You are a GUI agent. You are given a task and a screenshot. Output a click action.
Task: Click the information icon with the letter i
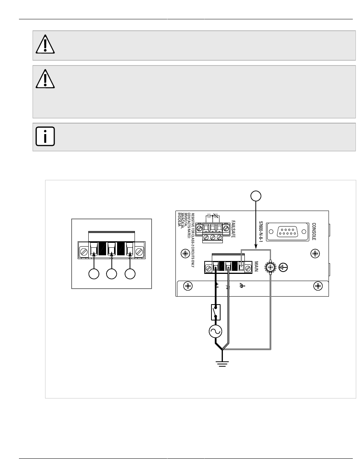tap(45, 136)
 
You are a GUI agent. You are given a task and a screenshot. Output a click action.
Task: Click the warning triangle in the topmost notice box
tap(45, 45)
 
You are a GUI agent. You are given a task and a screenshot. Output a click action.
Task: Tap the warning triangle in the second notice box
tap(45, 79)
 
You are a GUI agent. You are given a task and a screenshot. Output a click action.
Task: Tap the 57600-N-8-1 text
tap(261, 231)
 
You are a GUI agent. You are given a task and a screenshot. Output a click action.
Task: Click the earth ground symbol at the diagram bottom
tap(222, 363)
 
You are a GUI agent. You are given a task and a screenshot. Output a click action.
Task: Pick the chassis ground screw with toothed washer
tap(271, 267)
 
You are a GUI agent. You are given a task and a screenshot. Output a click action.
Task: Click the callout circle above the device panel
tap(256, 196)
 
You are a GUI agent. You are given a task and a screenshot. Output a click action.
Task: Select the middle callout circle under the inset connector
tap(112, 274)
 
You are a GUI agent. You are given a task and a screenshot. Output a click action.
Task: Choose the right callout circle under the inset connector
tap(130, 274)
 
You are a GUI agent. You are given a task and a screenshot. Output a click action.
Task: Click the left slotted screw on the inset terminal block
tap(83, 250)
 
